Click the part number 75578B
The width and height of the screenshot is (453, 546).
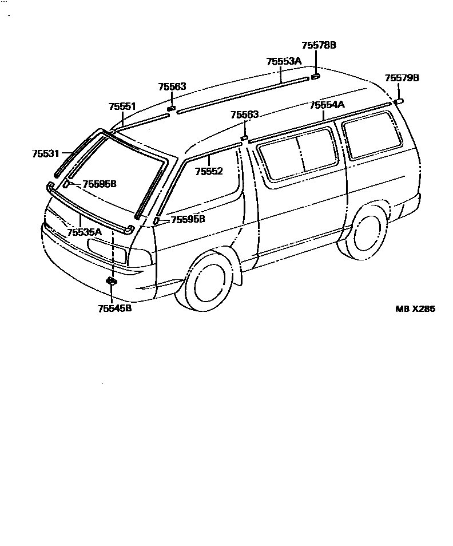319,45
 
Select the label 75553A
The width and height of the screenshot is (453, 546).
284,61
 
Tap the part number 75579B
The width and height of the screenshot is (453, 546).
402,78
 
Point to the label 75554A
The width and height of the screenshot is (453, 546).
327,105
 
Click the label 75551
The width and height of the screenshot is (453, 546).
122,106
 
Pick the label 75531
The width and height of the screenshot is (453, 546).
45,153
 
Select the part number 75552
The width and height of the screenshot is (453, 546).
208,171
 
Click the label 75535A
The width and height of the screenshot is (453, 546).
84,232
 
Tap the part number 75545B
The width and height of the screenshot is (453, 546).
114,308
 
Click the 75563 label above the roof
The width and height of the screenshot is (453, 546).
172,86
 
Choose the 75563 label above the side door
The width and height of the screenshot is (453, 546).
244,115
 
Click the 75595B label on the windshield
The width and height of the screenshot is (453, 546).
100,184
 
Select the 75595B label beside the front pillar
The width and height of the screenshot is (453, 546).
188,219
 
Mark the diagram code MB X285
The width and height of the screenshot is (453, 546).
415,308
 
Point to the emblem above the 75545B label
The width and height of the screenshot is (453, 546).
112,281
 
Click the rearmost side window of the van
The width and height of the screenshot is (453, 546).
371,135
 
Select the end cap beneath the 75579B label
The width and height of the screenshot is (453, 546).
399,101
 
